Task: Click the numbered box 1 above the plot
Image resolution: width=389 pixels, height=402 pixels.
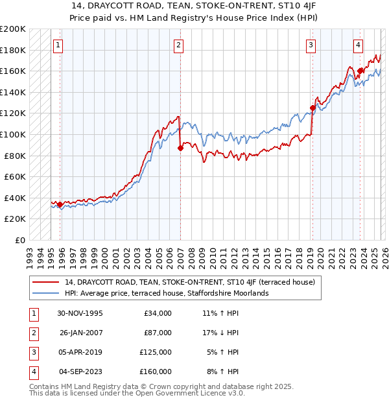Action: tap(59, 45)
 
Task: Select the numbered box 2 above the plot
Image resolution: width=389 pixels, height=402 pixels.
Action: tap(178, 45)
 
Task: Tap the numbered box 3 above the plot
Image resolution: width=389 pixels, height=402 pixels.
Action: tap(311, 45)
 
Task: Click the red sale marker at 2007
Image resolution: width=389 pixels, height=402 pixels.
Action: tap(180, 148)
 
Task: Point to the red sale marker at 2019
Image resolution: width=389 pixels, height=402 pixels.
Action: tap(312, 108)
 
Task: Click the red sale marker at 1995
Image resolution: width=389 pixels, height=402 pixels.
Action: tap(60, 204)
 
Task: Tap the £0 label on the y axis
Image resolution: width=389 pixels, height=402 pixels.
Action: tap(19, 240)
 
